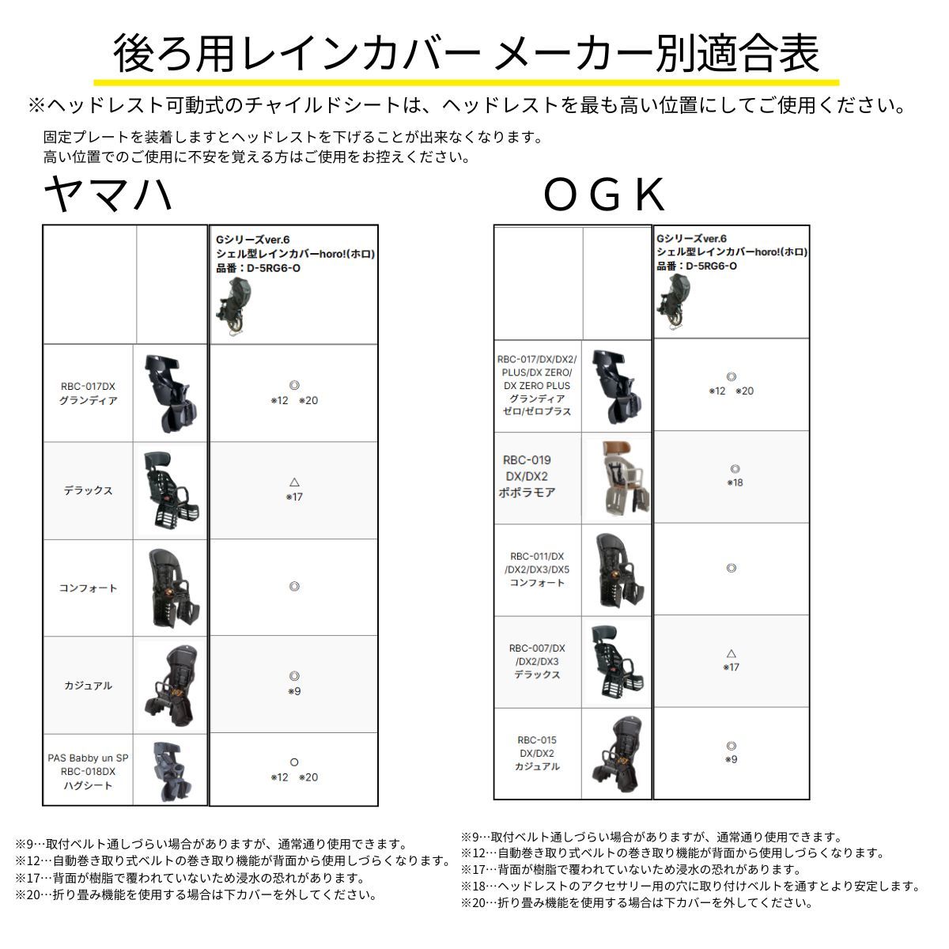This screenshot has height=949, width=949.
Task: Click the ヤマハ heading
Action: point(108,195)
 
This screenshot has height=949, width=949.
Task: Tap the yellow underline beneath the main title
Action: point(466,81)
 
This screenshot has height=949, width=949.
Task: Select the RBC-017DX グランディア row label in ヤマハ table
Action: point(89,393)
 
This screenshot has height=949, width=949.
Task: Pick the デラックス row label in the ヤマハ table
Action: point(89,490)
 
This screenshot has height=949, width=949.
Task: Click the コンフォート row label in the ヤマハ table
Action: point(89,588)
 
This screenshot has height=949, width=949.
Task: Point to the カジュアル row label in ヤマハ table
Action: point(89,686)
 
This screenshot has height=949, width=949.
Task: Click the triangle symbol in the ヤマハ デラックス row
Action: point(294,482)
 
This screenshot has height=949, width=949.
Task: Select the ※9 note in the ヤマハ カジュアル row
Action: point(294,692)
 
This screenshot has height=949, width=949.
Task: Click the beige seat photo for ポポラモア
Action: point(616,477)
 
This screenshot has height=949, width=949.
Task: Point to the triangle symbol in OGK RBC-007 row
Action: point(732,653)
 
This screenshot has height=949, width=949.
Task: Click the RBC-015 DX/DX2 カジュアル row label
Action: point(537,753)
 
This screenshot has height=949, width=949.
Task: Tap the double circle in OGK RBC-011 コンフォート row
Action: point(732,568)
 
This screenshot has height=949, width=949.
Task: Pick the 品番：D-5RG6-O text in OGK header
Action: point(697,266)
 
